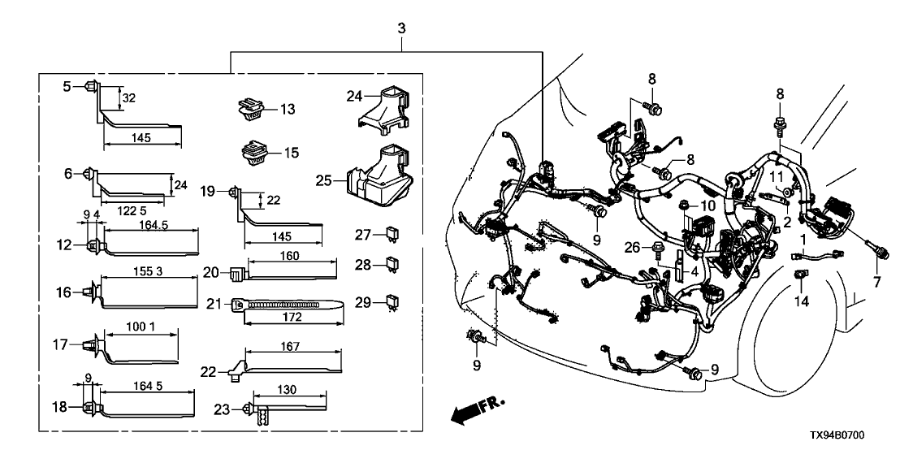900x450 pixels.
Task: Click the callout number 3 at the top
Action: (x=400, y=29)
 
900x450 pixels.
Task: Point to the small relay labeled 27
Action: (x=392, y=236)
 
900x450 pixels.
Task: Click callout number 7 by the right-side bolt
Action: (x=876, y=281)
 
